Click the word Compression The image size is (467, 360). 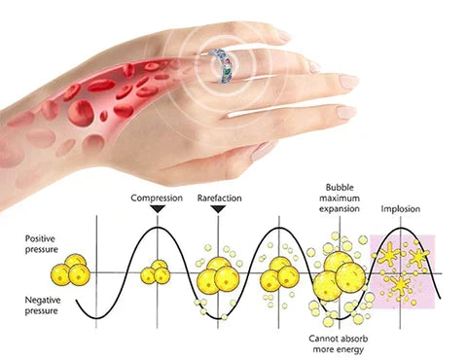pyautogui.click(x=157, y=198)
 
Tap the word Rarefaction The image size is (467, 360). pyautogui.click(x=220, y=198)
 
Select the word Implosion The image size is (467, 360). pyautogui.click(x=401, y=209)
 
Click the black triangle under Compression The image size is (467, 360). pyautogui.click(x=158, y=209)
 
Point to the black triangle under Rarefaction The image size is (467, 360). pyautogui.click(x=218, y=209)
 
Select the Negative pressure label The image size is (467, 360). pyautogui.click(x=43, y=306)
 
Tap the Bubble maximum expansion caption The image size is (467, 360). pyautogui.click(x=340, y=198)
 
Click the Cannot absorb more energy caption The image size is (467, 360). pyautogui.click(x=339, y=344)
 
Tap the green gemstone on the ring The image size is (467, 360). pyautogui.click(x=228, y=69)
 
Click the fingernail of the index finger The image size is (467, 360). pyautogui.click(x=347, y=82)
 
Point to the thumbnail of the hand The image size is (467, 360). pyautogui.click(x=262, y=151)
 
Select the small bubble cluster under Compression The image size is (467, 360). pyautogui.click(x=156, y=272)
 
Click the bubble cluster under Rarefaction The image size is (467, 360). pyautogui.click(x=218, y=275)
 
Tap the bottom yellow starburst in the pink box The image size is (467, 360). pyautogui.click(x=401, y=285)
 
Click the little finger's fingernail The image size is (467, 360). pyautogui.click(x=347, y=112)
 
